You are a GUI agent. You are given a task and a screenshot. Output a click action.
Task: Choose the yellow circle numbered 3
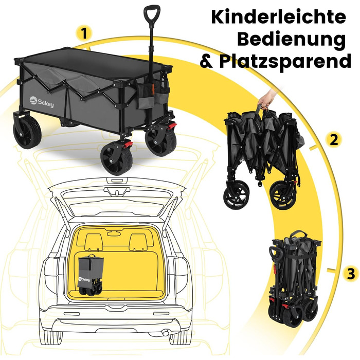(350, 274)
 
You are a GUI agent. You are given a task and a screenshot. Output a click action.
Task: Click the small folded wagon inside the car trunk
(93, 275)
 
